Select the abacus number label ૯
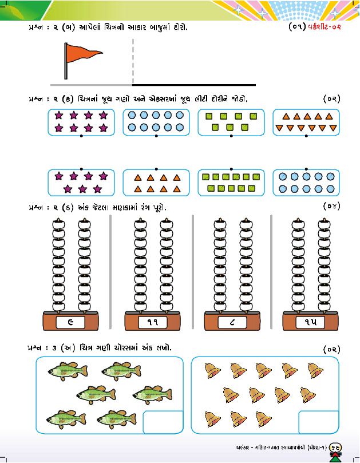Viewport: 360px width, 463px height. pos(71,322)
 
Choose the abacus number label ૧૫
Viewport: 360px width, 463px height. pos(310,322)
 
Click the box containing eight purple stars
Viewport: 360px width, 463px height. pos(81,122)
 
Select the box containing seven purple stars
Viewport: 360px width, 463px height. pos(81,183)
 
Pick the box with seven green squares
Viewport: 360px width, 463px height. pos(231,122)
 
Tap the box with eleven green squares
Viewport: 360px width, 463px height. pos(231,183)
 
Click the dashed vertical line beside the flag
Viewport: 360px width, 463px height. pos(133,62)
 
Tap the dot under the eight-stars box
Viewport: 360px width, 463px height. pos(81,137)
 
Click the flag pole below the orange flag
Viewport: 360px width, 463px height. pos(66,72)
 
